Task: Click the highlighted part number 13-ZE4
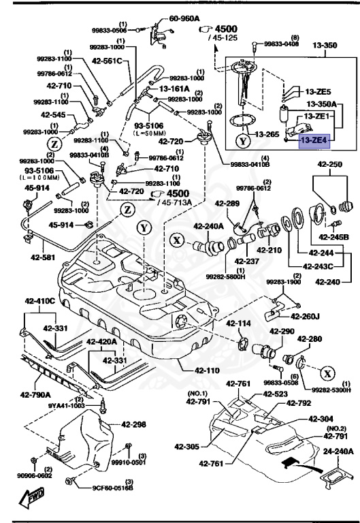point(314,140)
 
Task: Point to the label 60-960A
point(184,19)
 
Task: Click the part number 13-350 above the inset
point(325,46)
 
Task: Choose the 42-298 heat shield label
point(133,424)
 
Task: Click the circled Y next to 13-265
point(243,142)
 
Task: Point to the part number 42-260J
point(305,316)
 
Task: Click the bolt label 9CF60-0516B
point(113,488)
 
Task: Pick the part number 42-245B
point(335,237)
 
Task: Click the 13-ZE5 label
point(318,91)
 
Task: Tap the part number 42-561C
point(108,61)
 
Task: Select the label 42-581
point(44,258)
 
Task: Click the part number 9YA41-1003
point(66,405)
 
